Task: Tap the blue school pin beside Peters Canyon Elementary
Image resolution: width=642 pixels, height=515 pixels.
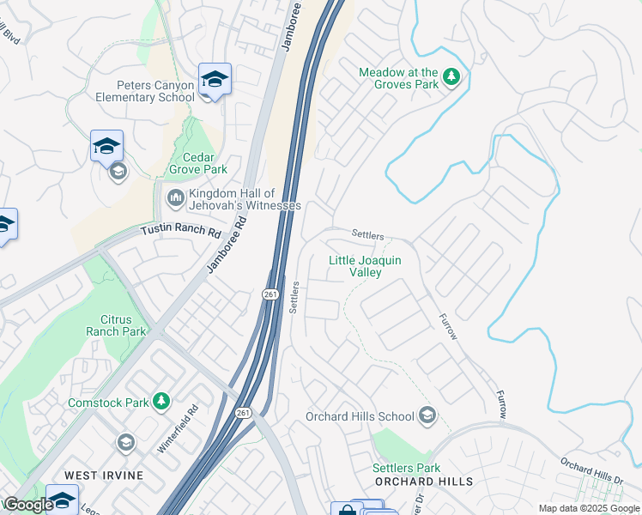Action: [215, 80]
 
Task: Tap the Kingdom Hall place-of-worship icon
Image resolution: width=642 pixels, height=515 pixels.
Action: [175, 200]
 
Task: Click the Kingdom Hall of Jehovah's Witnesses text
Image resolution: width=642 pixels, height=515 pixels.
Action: [245, 200]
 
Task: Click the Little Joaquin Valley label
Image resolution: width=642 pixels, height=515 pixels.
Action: [366, 266]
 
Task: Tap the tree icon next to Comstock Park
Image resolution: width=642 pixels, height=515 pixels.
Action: [160, 401]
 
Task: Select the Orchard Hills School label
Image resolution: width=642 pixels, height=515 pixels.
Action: [360, 417]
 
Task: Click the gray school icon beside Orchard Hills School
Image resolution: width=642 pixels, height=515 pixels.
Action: [427, 417]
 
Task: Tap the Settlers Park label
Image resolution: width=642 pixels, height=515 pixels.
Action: [406, 468]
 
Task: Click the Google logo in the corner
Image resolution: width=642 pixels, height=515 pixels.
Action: [28, 505]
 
